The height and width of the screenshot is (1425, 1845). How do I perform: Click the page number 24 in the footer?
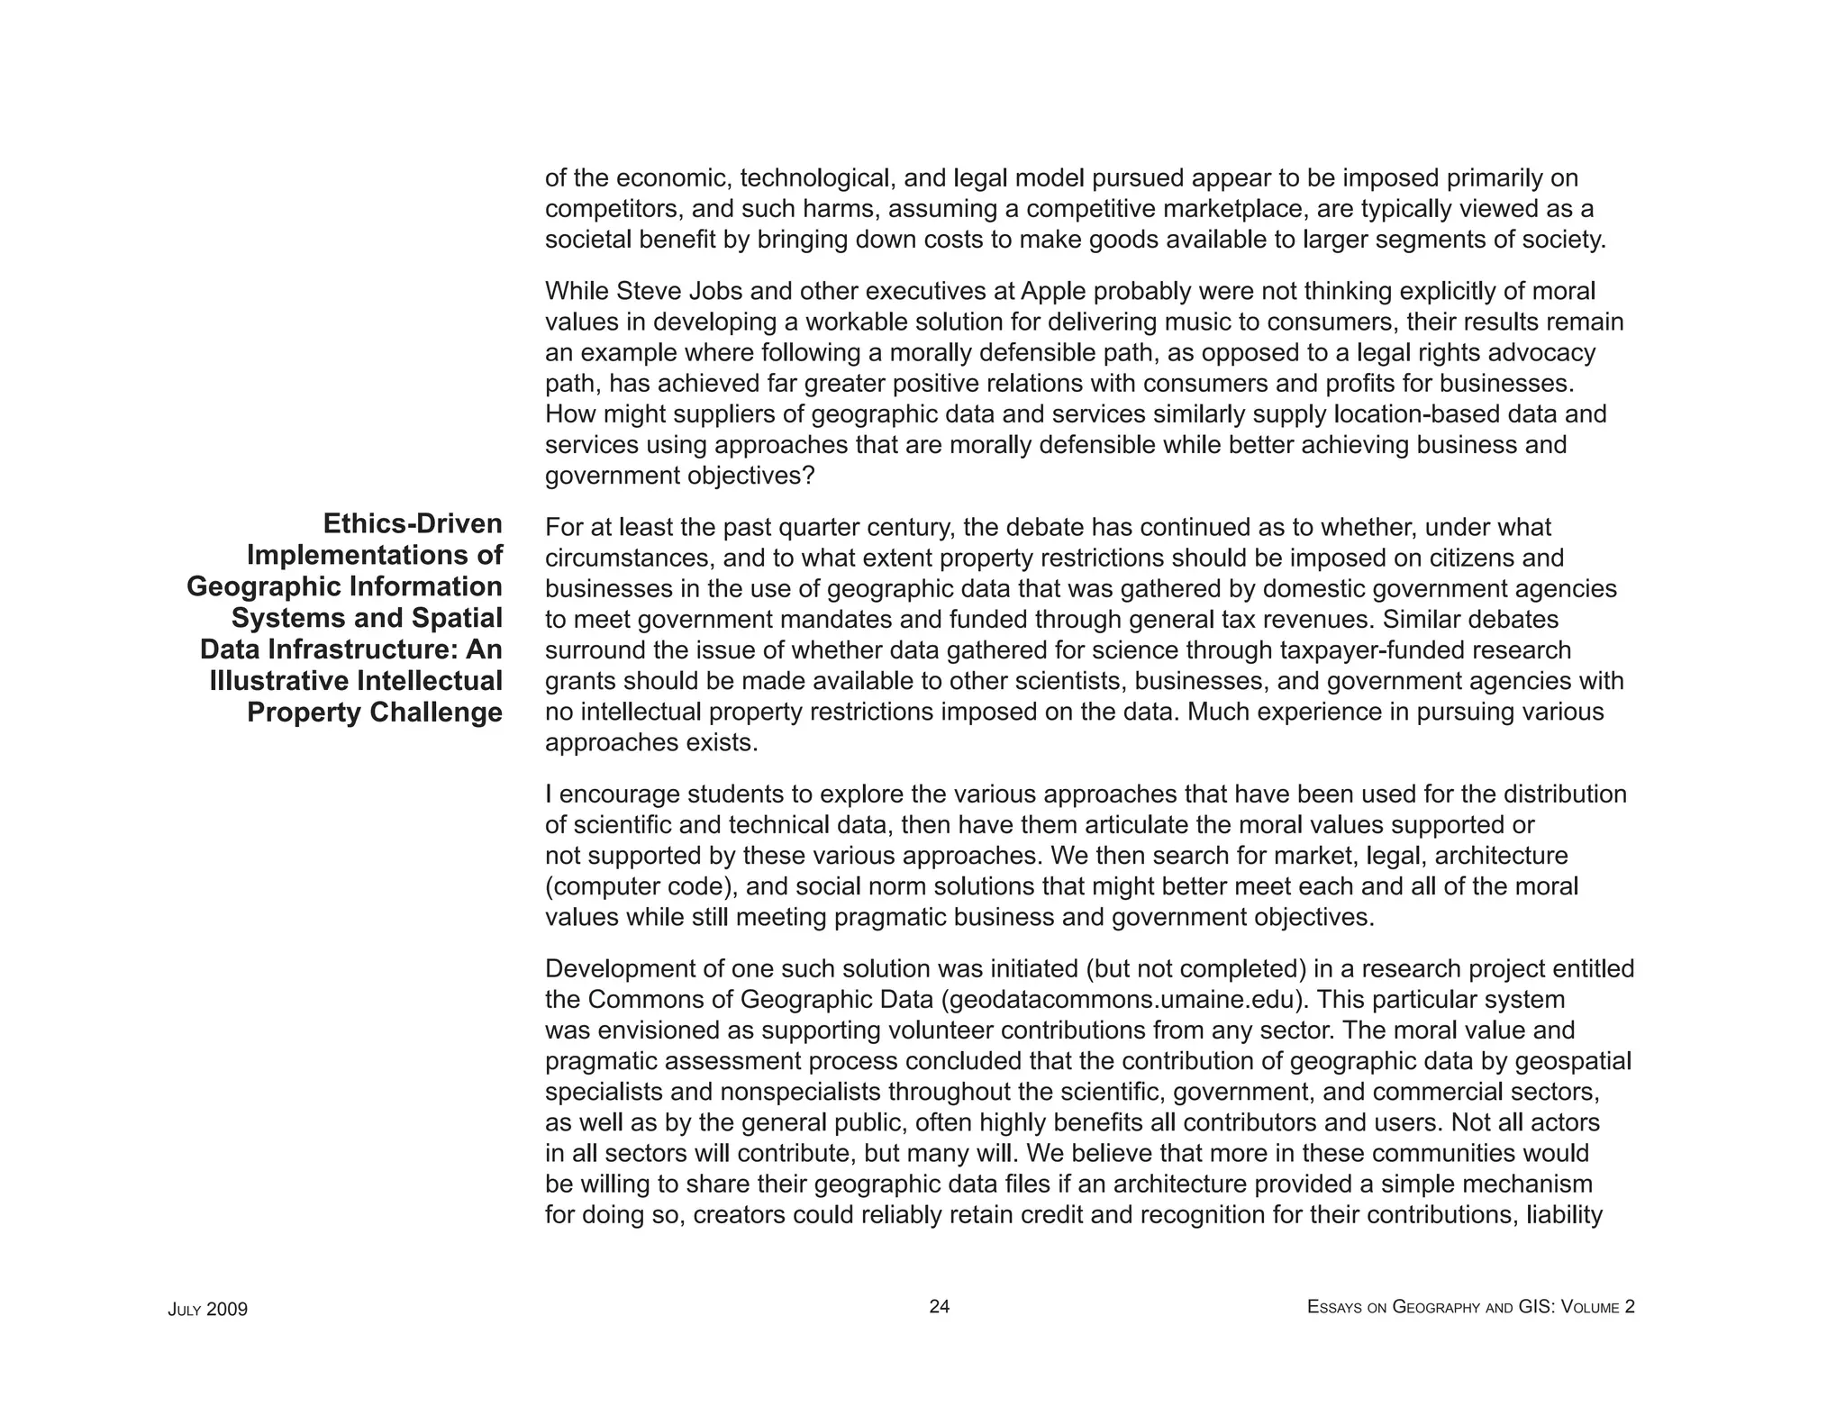click(x=939, y=1307)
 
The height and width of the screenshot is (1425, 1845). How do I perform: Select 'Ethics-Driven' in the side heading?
click(x=412, y=523)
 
